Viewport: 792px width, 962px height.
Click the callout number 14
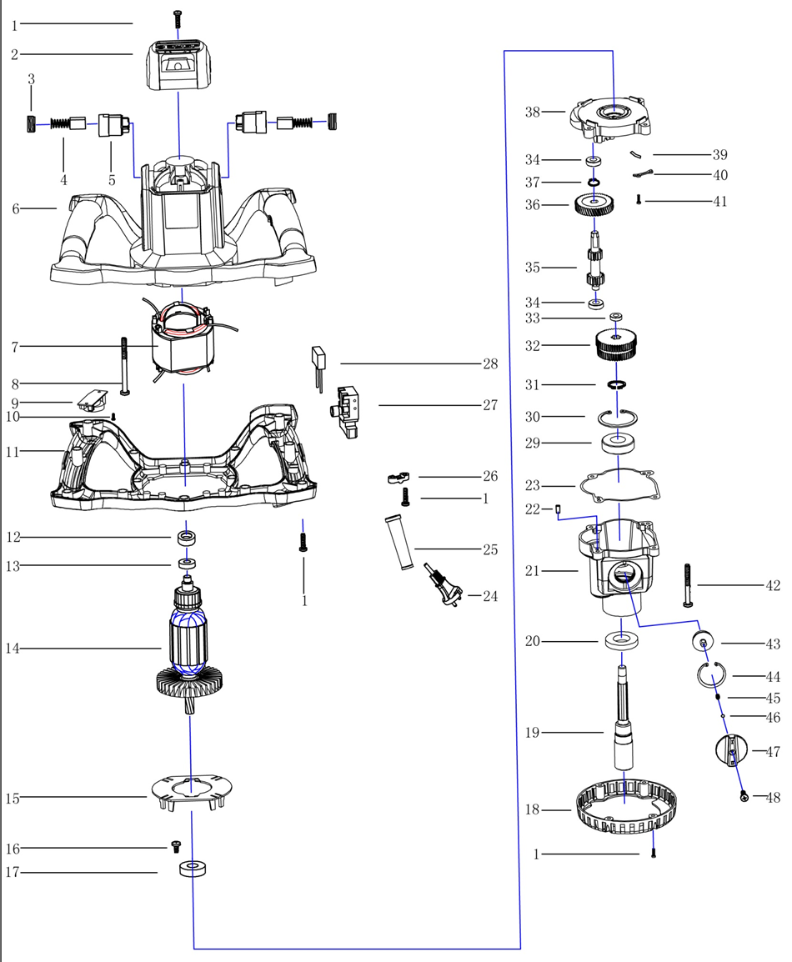[x=12, y=649]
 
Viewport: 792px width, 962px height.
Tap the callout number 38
[x=533, y=111]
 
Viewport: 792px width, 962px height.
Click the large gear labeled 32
[x=616, y=343]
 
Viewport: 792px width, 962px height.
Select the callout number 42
[x=773, y=586]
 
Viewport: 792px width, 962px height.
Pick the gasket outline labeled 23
[x=618, y=487]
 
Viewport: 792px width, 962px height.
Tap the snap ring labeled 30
[x=618, y=417]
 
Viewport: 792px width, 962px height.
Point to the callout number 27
[x=490, y=405]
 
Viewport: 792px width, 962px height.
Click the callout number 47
[x=773, y=752]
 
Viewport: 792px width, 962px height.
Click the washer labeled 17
[x=193, y=870]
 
